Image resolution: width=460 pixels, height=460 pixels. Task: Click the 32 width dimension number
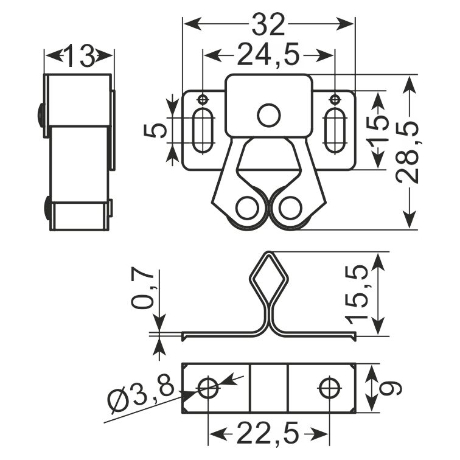click(x=268, y=24)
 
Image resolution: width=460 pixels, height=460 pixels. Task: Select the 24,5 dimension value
click(x=268, y=55)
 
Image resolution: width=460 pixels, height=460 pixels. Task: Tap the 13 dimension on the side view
click(x=79, y=55)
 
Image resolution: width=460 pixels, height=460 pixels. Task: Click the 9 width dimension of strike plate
click(x=390, y=388)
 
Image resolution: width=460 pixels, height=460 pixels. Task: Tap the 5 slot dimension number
click(x=155, y=130)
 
